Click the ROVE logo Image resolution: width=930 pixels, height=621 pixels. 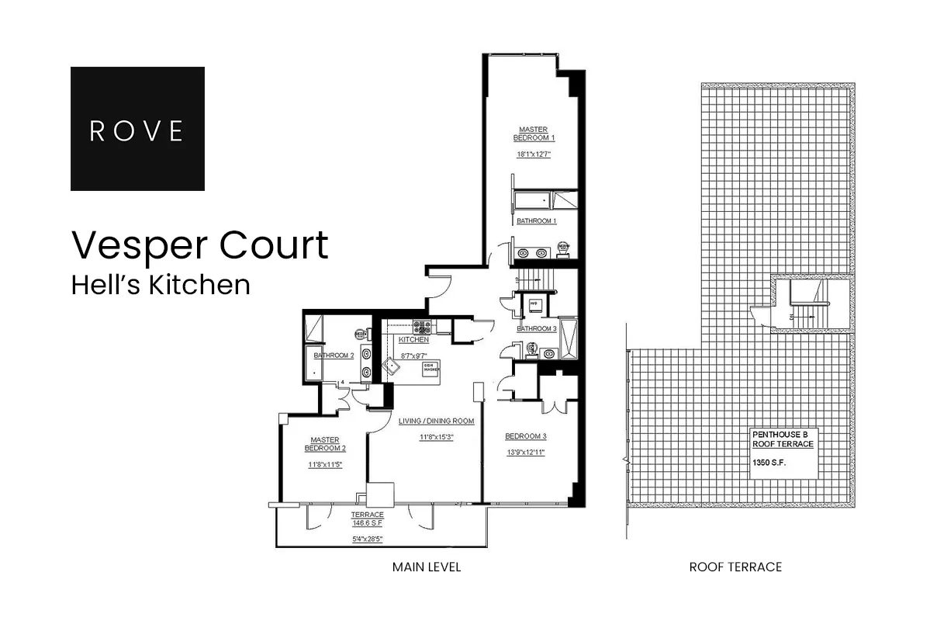coord(137,129)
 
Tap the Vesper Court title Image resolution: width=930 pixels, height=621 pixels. coord(200,245)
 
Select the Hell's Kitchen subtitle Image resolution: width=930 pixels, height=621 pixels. coord(161,285)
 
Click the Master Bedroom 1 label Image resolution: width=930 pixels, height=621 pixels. coord(536,134)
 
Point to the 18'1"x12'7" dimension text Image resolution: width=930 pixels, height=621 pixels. coord(536,154)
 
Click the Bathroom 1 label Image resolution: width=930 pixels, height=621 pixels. coord(536,221)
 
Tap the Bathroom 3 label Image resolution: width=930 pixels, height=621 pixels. coord(537,328)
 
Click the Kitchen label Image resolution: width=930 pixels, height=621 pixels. coord(413,340)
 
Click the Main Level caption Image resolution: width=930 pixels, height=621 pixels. coord(427,567)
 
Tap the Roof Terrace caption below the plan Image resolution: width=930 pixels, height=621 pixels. coord(735,567)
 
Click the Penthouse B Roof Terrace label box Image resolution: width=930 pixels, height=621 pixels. coord(783,452)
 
